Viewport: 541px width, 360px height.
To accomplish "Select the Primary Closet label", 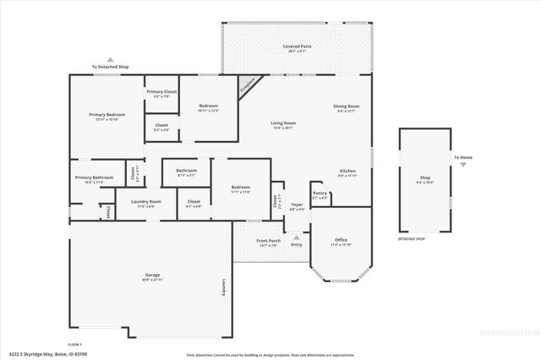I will click(161, 91).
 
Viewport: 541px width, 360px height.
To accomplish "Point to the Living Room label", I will click(282, 123).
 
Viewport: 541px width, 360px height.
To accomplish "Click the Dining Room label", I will click(347, 106).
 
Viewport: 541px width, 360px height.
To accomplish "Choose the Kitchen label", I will click(347, 170).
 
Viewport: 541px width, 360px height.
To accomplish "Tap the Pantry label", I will click(320, 193).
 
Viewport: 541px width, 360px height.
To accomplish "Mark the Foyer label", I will click(297, 204).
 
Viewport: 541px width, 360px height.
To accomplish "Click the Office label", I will click(341, 240).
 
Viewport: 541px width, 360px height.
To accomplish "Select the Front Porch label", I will click(268, 241).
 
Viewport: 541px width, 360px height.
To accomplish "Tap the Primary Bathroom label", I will click(94, 177).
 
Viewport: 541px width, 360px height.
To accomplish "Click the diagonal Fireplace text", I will click(248, 85).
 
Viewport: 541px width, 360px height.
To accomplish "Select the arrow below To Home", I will click(462, 166).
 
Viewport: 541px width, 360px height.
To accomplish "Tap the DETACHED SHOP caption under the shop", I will click(412, 239).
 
